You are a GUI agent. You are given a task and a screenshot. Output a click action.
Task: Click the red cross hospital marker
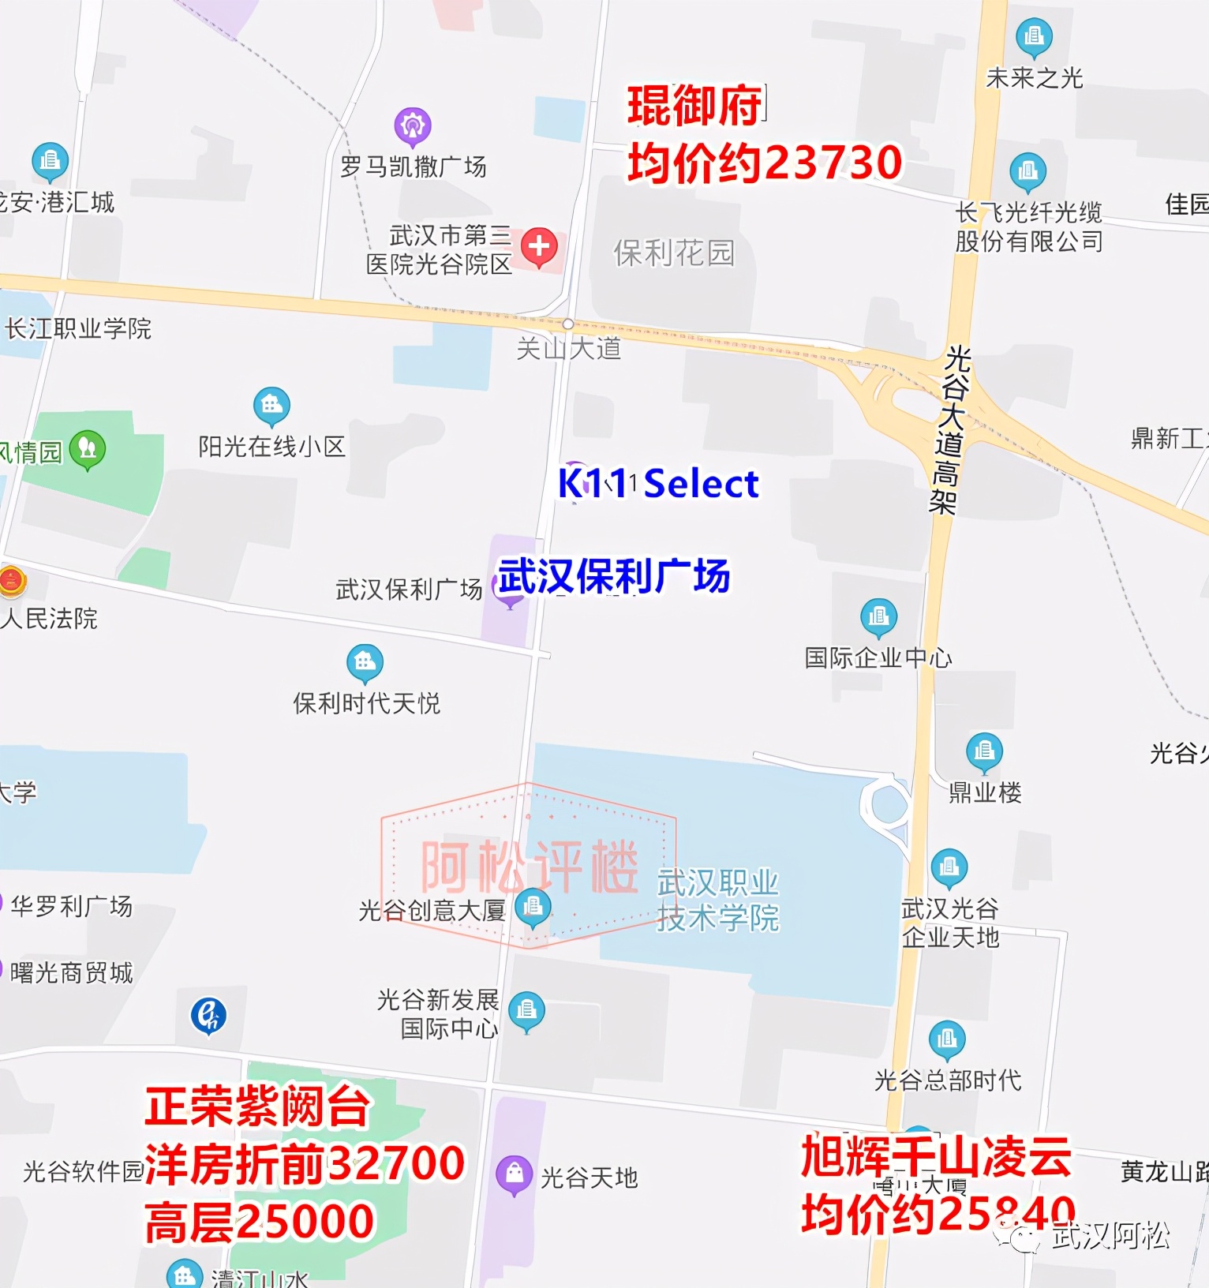pos(539,246)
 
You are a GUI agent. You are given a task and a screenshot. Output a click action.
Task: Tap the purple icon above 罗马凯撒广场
pos(413,125)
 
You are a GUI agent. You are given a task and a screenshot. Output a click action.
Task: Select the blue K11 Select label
pos(658,483)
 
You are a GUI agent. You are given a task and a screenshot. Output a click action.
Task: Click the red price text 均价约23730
pos(764,163)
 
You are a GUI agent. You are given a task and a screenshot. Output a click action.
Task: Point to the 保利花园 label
pos(674,253)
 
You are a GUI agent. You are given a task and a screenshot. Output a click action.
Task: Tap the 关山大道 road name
pos(568,348)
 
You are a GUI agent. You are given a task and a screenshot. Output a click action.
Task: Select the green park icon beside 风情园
pos(88,449)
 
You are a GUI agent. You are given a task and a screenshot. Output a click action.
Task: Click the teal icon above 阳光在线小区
pos(271,406)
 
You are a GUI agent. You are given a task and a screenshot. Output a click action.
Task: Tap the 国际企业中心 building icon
pos(878,616)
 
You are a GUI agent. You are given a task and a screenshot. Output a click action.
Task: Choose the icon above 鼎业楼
pos(984,751)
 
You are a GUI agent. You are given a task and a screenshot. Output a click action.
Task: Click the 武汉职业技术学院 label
pos(717,900)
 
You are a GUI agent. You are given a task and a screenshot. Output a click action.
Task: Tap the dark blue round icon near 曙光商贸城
pos(209,1015)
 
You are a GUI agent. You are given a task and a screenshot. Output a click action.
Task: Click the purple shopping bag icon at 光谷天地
pos(514,1174)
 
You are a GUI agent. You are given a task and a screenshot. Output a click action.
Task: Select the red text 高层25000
pos(259,1222)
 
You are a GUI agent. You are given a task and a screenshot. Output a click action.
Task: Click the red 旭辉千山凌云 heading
pos(936,1157)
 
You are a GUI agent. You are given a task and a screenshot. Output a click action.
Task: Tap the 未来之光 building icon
pos(1034,36)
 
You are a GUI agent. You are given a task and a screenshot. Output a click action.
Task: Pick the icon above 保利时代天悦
pos(365,662)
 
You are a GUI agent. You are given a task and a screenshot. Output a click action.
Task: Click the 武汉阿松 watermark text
pos(1110,1236)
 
